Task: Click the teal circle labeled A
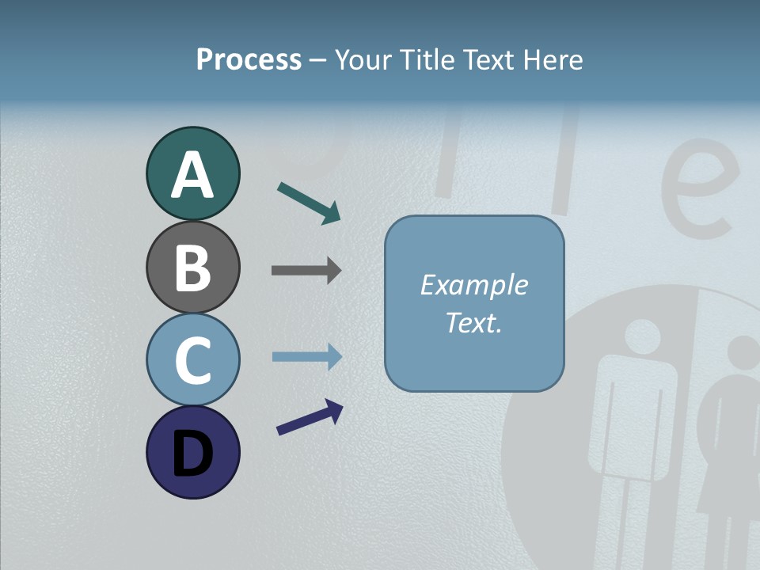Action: pyautogui.click(x=192, y=173)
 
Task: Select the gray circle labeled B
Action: pyautogui.click(x=192, y=267)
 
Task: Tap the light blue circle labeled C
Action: pyautogui.click(x=192, y=359)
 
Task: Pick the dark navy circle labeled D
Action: pyautogui.click(x=192, y=452)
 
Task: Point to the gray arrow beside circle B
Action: pyautogui.click(x=306, y=271)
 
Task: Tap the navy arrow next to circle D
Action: pyautogui.click(x=310, y=417)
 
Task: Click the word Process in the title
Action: pyautogui.click(x=249, y=60)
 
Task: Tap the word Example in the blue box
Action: pyautogui.click(x=473, y=285)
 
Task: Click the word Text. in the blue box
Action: pyautogui.click(x=473, y=322)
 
